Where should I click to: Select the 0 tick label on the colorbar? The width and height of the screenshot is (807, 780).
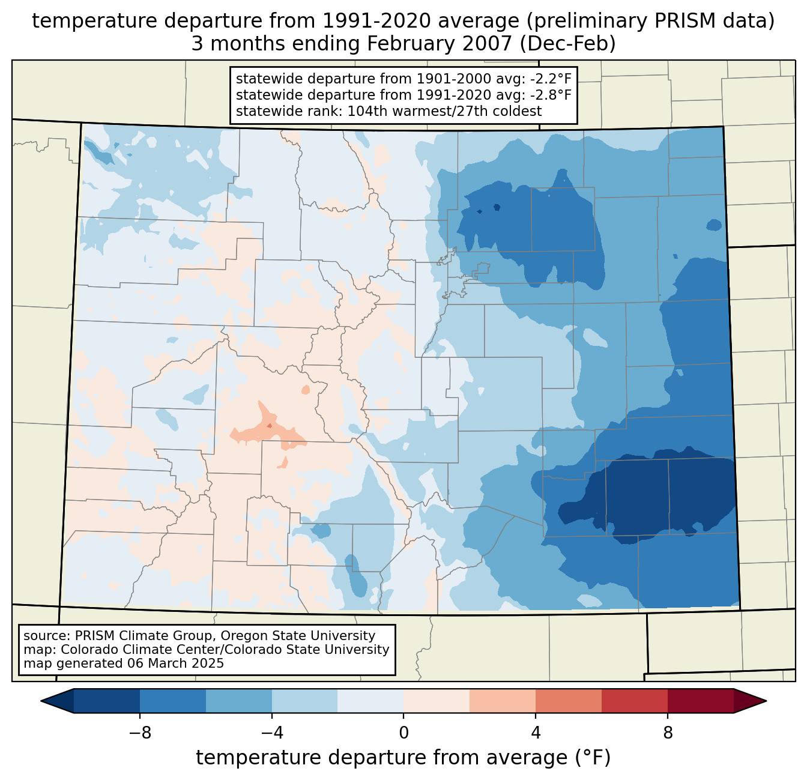click(x=403, y=733)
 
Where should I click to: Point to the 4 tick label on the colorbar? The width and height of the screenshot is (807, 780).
click(x=536, y=733)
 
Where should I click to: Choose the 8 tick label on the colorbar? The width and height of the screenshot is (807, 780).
click(x=668, y=733)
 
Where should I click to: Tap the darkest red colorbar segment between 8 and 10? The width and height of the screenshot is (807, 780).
click(x=700, y=701)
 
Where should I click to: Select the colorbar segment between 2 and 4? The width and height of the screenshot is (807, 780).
click(x=503, y=701)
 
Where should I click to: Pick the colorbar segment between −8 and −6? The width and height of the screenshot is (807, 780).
click(x=173, y=701)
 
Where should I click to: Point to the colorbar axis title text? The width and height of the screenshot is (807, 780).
click(x=403, y=758)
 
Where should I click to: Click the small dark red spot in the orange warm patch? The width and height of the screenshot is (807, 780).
click(x=270, y=426)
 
